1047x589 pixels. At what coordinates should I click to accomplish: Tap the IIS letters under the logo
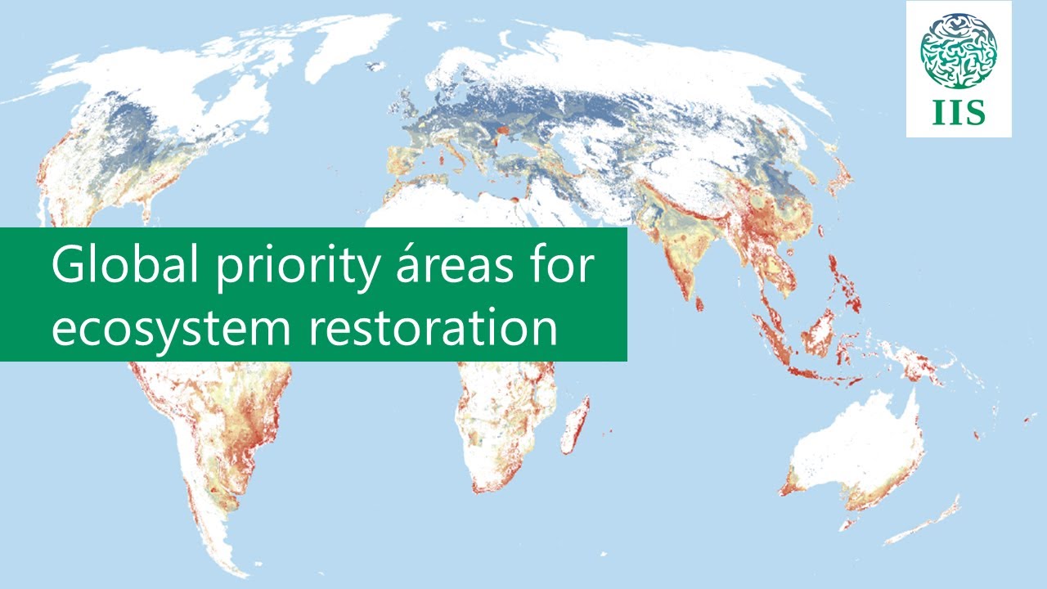click(x=959, y=114)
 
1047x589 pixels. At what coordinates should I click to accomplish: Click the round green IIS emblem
click(x=959, y=51)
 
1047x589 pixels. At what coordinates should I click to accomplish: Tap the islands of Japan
click(x=838, y=180)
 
